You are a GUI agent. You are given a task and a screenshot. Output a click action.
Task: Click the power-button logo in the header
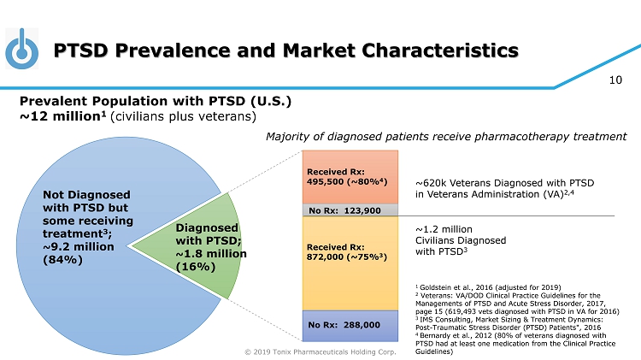20,50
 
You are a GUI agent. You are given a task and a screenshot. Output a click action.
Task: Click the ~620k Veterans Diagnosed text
504,189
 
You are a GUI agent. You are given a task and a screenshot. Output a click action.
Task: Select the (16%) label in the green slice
194,267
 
